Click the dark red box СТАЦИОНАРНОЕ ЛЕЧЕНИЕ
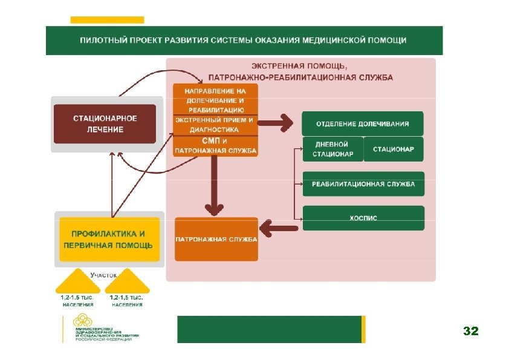tap(105, 123)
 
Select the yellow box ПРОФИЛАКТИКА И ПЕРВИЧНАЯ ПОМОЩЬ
tap(109, 239)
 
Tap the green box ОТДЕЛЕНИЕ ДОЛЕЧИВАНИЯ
tap(363, 123)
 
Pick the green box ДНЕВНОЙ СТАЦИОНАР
tap(332, 149)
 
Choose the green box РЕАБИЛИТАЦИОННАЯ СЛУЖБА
tap(363, 184)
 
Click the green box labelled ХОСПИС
tap(363, 218)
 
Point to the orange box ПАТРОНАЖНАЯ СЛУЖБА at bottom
tap(216, 240)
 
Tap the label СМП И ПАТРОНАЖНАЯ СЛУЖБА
tap(215, 145)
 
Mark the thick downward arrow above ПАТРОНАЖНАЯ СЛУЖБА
tap(212, 187)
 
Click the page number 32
tap(470, 331)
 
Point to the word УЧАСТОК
tap(103, 275)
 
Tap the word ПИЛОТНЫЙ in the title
tap(100, 41)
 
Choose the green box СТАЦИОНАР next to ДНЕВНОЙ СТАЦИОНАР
tap(394, 149)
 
